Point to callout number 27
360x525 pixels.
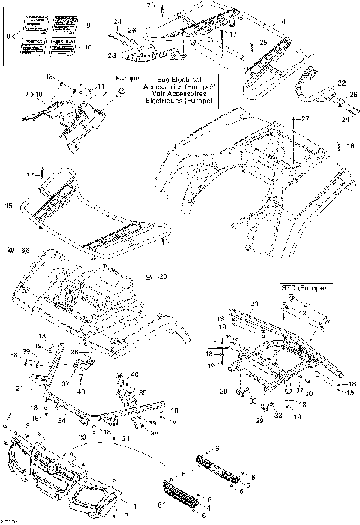pos(305,119)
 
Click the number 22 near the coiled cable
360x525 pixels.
pos(341,82)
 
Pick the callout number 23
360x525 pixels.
pos(112,54)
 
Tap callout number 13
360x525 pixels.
pos(51,76)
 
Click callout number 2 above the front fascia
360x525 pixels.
pos(8,415)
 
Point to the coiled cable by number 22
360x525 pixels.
pos(307,90)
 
